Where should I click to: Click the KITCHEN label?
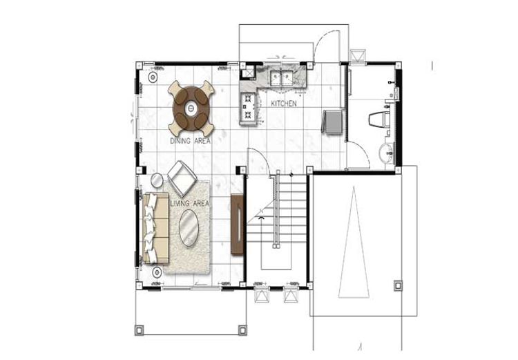(x=284, y=104)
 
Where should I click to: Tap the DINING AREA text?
(x=191, y=141)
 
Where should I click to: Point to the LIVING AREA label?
(x=190, y=204)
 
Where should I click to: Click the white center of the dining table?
(x=191, y=108)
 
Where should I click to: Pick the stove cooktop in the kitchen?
(x=248, y=106)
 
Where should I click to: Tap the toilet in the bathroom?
(x=379, y=120)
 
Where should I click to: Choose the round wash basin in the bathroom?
(x=387, y=153)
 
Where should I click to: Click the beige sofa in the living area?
(x=155, y=229)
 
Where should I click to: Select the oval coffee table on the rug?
(x=189, y=228)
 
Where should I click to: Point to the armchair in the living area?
(x=182, y=178)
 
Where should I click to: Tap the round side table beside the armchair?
(x=157, y=180)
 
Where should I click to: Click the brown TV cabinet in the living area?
(x=237, y=225)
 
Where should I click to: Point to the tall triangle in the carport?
(x=354, y=242)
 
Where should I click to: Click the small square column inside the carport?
(x=399, y=285)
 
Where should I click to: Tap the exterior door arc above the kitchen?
(x=321, y=39)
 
